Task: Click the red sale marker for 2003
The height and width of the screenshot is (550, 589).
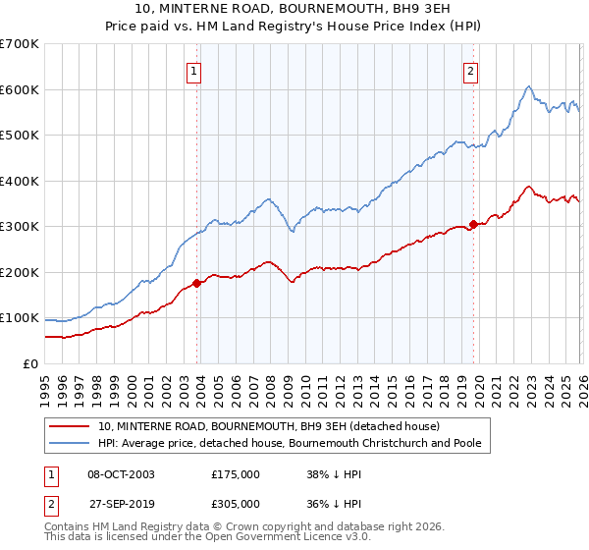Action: tap(196, 283)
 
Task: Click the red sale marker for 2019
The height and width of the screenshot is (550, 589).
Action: tap(473, 224)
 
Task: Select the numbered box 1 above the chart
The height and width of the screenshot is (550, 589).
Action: tap(194, 71)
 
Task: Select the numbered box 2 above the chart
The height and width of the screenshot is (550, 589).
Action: tap(471, 71)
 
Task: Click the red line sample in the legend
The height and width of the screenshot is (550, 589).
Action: tap(71, 426)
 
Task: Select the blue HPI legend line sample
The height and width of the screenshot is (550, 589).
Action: tap(71, 444)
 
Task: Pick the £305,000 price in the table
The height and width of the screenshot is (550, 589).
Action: tap(235, 503)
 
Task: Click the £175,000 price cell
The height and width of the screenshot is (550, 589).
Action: tap(235, 473)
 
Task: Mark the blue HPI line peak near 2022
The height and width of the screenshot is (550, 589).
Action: tap(528, 86)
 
